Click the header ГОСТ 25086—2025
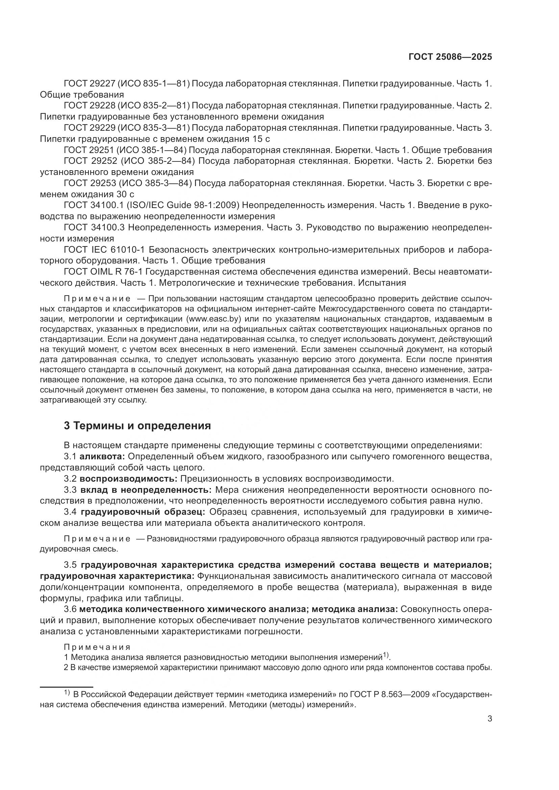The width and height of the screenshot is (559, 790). (450, 57)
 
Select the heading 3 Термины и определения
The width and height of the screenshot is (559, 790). (137, 426)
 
